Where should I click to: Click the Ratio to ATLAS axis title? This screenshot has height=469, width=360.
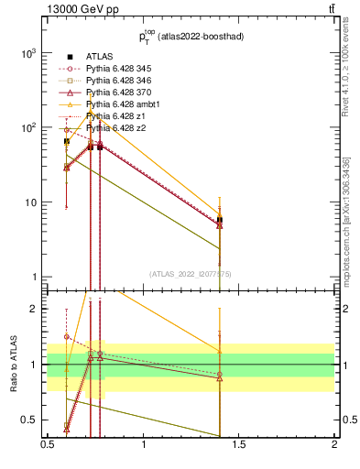pos(14,365)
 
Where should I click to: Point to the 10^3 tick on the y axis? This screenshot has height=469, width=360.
pos(29,53)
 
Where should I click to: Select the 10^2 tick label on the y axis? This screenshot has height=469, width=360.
pos(29,127)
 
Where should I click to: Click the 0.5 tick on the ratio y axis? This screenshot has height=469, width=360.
pos(33,420)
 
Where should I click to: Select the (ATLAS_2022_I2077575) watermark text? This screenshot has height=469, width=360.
pos(191,274)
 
